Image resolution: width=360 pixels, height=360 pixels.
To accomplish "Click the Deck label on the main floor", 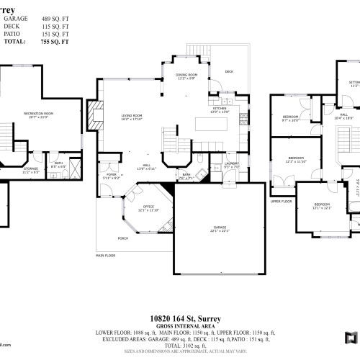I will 229,71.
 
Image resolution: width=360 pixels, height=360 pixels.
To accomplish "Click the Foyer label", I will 112,175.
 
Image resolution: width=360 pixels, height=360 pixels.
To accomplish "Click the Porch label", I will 113,238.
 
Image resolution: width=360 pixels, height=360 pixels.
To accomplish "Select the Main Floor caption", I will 105,255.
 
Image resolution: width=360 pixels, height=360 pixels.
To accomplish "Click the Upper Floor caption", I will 281,202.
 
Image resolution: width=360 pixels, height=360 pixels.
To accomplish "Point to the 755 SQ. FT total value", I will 58,42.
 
